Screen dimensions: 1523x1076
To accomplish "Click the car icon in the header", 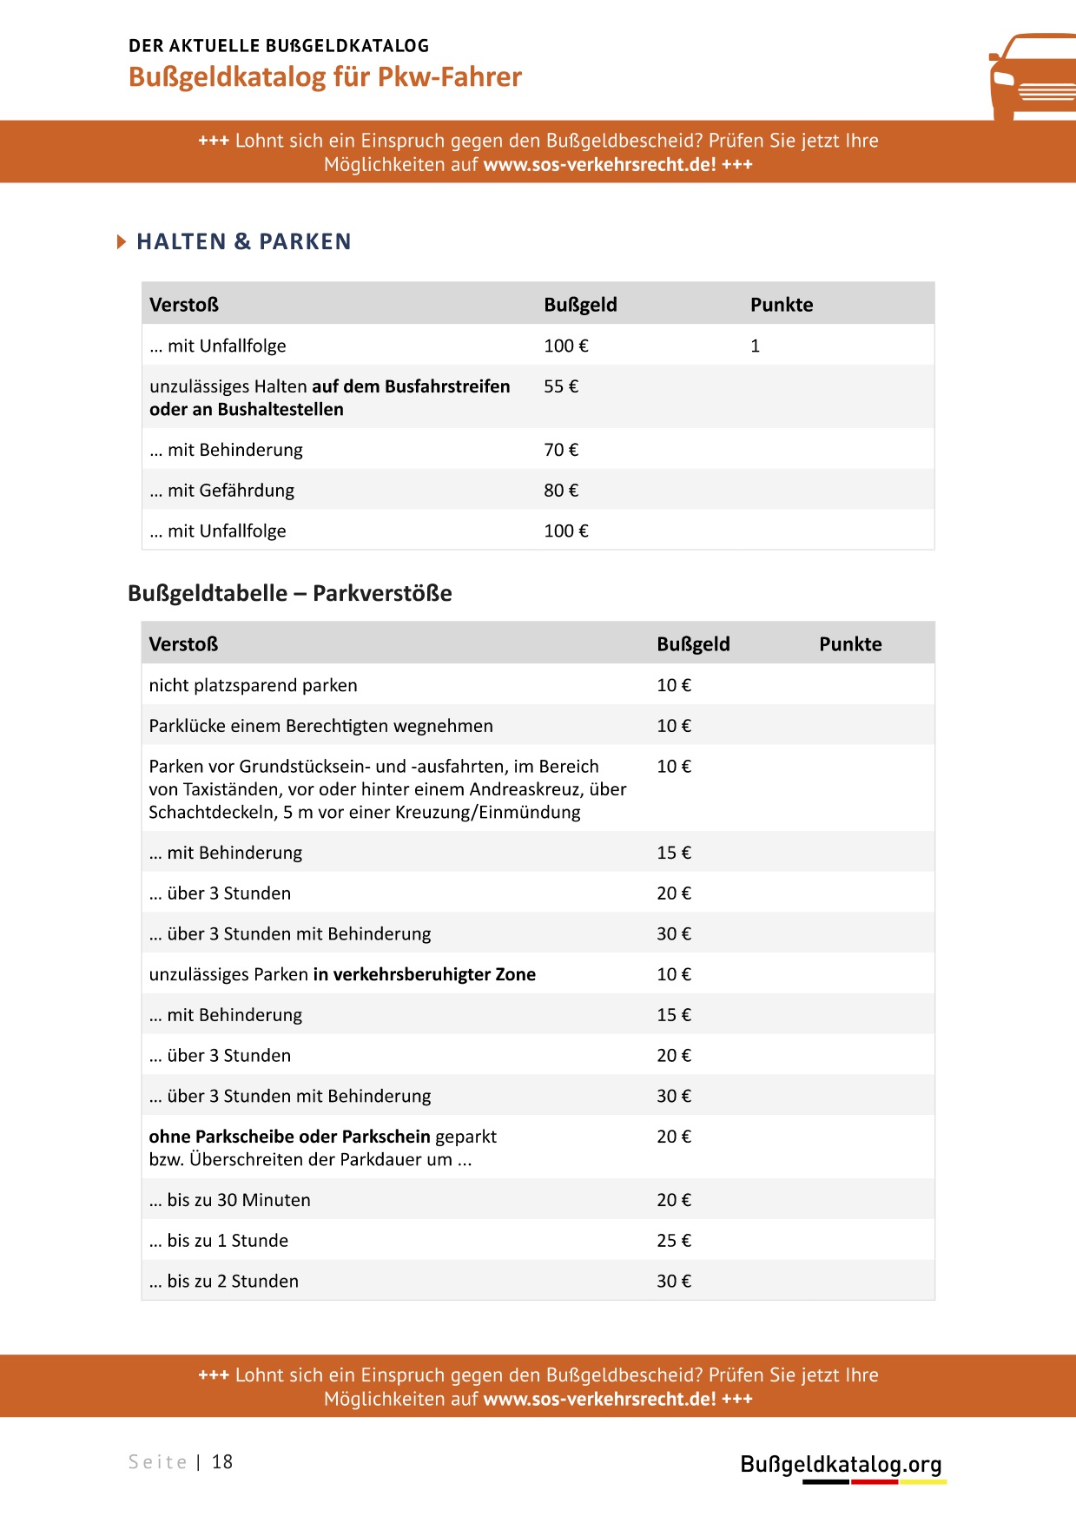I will tap(1032, 78).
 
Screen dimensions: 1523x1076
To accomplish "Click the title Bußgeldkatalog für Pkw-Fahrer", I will tap(325, 77).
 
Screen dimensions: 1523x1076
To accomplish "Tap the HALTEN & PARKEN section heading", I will tap(243, 241).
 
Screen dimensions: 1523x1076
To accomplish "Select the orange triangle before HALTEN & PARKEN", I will tap(122, 241).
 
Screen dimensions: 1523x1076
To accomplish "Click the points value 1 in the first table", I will tap(755, 346).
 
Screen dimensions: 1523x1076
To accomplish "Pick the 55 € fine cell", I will tap(561, 386).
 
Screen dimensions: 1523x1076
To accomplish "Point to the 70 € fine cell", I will tap(561, 450).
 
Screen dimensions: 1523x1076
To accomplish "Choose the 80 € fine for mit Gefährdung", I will tap(561, 491).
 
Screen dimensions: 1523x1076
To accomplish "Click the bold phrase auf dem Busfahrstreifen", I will tap(411, 386).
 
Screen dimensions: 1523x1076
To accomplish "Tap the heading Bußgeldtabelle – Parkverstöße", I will tap(289, 593).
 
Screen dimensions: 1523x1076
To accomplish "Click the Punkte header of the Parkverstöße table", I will tap(850, 644).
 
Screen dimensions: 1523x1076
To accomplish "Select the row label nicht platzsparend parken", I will tap(253, 685).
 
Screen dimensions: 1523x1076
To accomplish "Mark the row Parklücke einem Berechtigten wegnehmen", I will tap(320, 726).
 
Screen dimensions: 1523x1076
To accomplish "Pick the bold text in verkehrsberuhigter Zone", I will tap(424, 974).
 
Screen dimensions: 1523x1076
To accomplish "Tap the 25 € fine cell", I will tap(674, 1241).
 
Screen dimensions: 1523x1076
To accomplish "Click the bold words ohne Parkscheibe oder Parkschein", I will tap(289, 1137).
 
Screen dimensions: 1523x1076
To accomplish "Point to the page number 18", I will tap(222, 1462).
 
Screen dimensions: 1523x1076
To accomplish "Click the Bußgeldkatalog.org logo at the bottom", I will tap(841, 1465).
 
